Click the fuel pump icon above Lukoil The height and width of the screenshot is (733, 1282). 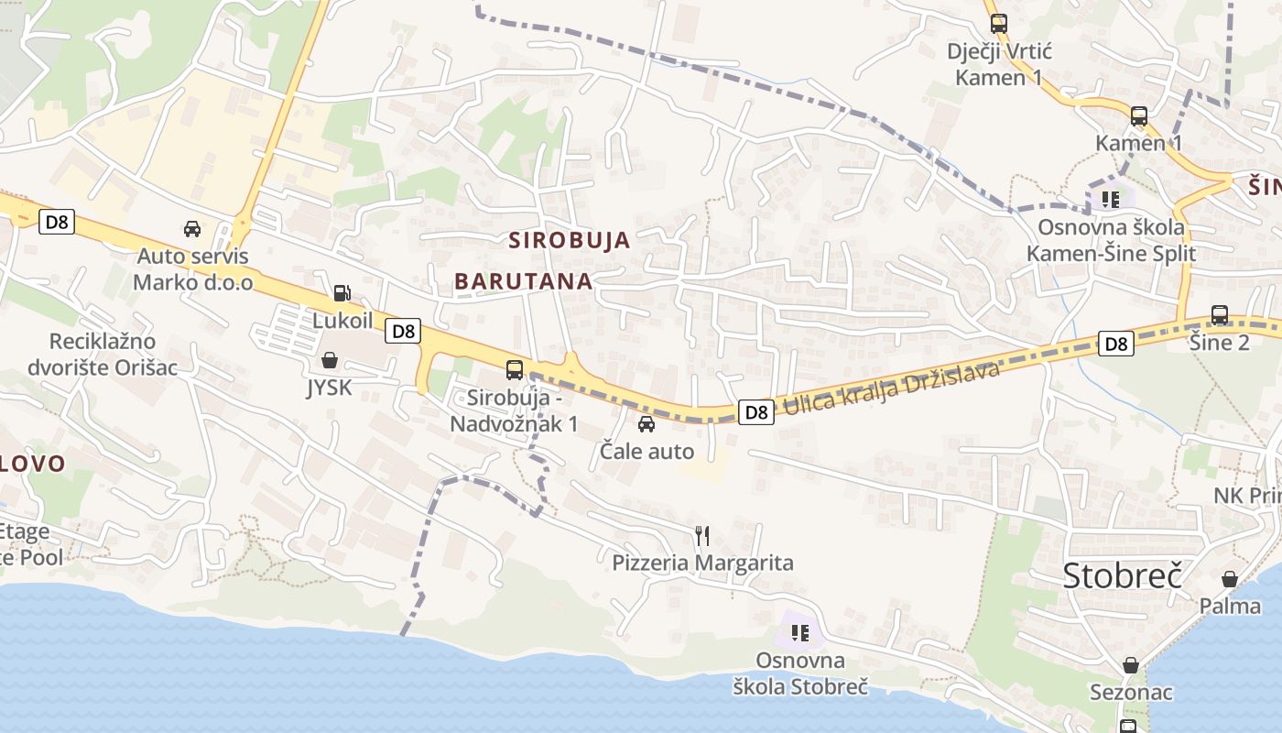coord(342,293)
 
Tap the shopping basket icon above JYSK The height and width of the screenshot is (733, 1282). coord(330,360)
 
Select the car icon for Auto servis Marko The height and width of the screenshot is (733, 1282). coord(192,228)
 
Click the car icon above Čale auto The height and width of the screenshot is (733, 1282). coord(646,423)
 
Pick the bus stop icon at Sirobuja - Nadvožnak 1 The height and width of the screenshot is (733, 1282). coord(515,370)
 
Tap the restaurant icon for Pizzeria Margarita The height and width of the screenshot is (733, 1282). coord(702,535)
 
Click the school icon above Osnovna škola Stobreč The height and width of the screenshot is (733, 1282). coord(800,632)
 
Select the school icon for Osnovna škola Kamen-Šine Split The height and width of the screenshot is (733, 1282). coord(1111,199)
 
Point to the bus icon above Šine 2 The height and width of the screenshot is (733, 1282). coord(1220,315)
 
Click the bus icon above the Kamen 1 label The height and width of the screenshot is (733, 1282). coord(1139,116)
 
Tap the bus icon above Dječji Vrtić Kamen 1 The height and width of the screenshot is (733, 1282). coord(999,24)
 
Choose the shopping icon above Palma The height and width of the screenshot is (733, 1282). coord(1230,579)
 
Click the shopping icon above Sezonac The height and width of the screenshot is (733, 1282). coord(1131,665)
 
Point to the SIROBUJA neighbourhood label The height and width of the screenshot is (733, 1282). coord(570,241)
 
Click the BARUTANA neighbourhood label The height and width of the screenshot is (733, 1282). coord(524,281)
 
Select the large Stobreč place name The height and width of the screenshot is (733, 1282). coord(1123,575)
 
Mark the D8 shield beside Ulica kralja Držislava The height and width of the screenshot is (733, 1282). coord(756,412)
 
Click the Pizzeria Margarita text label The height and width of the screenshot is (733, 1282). coord(702,563)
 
